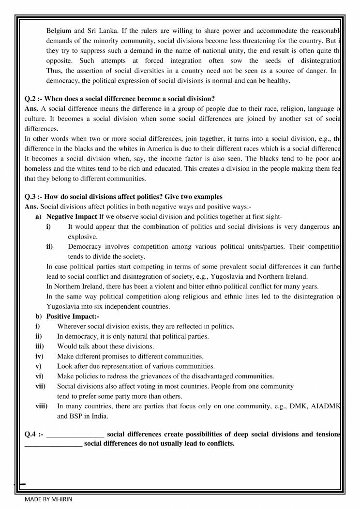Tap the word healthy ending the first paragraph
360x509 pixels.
(x=278, y=80)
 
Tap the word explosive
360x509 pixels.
(x=82, y=237)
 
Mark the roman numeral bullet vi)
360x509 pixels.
(x=39, y=376)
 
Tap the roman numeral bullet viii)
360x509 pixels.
(x=41, y=406)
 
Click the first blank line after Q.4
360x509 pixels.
(x=75, y=435)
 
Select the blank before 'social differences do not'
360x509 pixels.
(x=53, y=444)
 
